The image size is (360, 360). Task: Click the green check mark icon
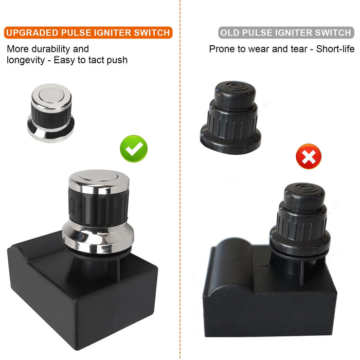[134, 149]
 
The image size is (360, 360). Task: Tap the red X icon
[309, 156]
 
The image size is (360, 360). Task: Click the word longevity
[26, 60]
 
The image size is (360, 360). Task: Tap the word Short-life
[335, 49]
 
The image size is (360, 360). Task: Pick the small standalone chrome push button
[51, 113]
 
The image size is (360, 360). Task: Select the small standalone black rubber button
[231, 118]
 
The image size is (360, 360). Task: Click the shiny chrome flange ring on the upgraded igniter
[98, 237]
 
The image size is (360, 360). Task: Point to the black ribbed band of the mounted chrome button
[98, 206]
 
